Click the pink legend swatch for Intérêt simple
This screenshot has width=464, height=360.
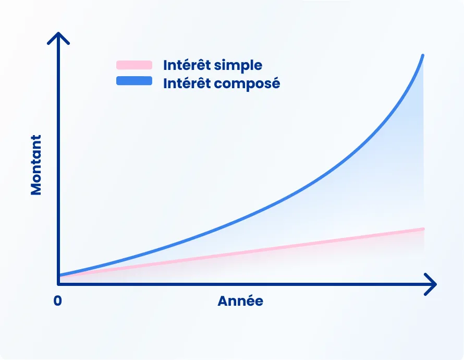pyautogui.click(x=134, y=65)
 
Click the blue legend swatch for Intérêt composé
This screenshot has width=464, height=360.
pyautogui.click(x=134, y=81)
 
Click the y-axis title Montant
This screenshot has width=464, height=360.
pyautogui.click(x=36, y=165)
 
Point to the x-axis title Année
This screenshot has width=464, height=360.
pyautogui.click(x=240, y=301)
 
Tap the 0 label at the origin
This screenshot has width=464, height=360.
pyautogui.click(x=57, y=301)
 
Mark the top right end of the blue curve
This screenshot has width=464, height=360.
pyautogui.click(x=422, y=55)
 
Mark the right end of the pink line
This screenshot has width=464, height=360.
pyautogui.click(x=423, y=229)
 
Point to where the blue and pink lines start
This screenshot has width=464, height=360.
pyautogui.click(x=60, y=275)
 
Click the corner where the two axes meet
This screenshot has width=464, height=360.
pyautogui.click(x=58, y=284)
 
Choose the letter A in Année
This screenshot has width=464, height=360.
pyautogui.click(x=223, y=301)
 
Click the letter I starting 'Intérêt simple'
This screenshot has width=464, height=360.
pyautogui.click(x=165, y=65)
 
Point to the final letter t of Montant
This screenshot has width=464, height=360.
pyautogui.click(x=36, y=138)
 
